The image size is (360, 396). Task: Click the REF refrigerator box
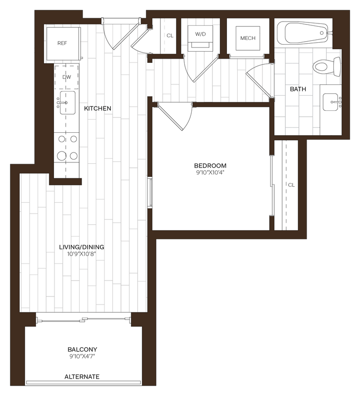pos(62,44)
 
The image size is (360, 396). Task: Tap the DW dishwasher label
pos(66,77)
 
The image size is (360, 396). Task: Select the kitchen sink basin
pos(67,102)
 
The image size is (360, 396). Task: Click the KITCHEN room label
pos(97,108)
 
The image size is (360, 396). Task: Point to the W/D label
pos(200,34)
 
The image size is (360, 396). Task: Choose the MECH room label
pos(247,38)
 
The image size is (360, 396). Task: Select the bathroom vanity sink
pos(333,100)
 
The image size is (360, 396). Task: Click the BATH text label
pos(298,89)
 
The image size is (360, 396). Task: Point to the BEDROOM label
pos(210,166)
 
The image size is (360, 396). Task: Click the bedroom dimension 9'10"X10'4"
pos(210,173)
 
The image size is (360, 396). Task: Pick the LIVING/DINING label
pos(82,247)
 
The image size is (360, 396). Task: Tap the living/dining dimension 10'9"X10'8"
pos(82,254)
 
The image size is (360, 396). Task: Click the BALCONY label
pos(82,350)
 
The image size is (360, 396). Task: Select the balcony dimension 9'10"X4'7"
pos(82,357)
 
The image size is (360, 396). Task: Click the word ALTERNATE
pos(82,377)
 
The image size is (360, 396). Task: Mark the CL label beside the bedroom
pos(291,185)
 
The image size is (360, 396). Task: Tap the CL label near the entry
pos(170,36)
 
